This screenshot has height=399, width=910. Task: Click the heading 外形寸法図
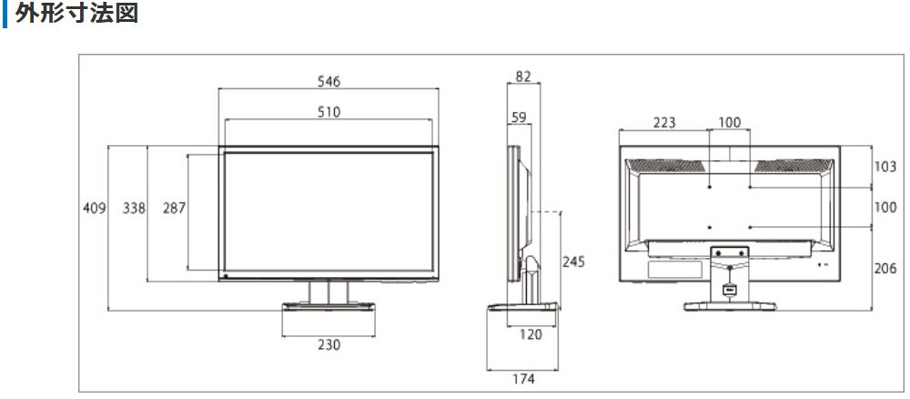pos(76,14)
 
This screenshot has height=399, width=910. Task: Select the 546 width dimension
pos(329,81)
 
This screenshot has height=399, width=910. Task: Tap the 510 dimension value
pos(329,111)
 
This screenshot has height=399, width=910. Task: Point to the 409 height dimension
pos(95,208)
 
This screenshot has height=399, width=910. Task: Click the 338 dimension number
pos(134,208)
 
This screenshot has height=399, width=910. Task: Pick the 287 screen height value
pos(174,208)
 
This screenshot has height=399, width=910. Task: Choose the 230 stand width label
pos(329,345)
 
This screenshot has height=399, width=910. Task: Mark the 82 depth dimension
pos(523,77)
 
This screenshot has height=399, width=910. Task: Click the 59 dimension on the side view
pos(519,118)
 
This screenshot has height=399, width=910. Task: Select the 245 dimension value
pos(574,262)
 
